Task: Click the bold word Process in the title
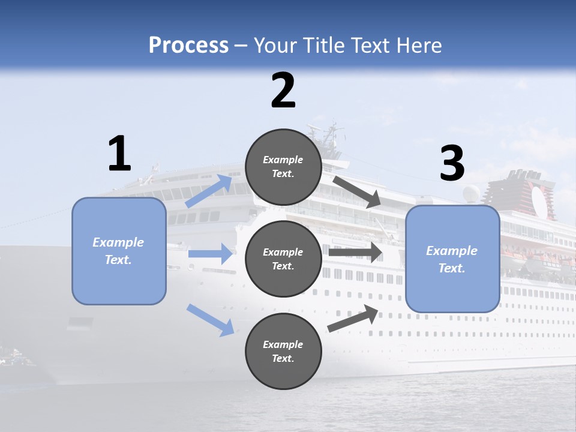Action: point(188,45)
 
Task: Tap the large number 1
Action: point(119,154)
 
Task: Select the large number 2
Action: point(283,91)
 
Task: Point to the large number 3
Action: point(452,164)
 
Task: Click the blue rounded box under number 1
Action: point(119,251)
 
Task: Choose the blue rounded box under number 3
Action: point(452,259)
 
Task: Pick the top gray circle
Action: point(283,167)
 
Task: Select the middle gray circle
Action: point(283,259)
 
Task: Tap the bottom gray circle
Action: point(283,352)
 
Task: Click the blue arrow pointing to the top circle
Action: point(209,191)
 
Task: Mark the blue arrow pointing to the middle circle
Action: point(210,254)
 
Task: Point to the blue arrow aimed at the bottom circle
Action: point(211,320)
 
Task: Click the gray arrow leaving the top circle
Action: point(358,191)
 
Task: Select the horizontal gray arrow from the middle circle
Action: point(355,252)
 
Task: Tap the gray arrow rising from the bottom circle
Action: point(353,318)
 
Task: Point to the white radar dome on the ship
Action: point(472,193)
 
